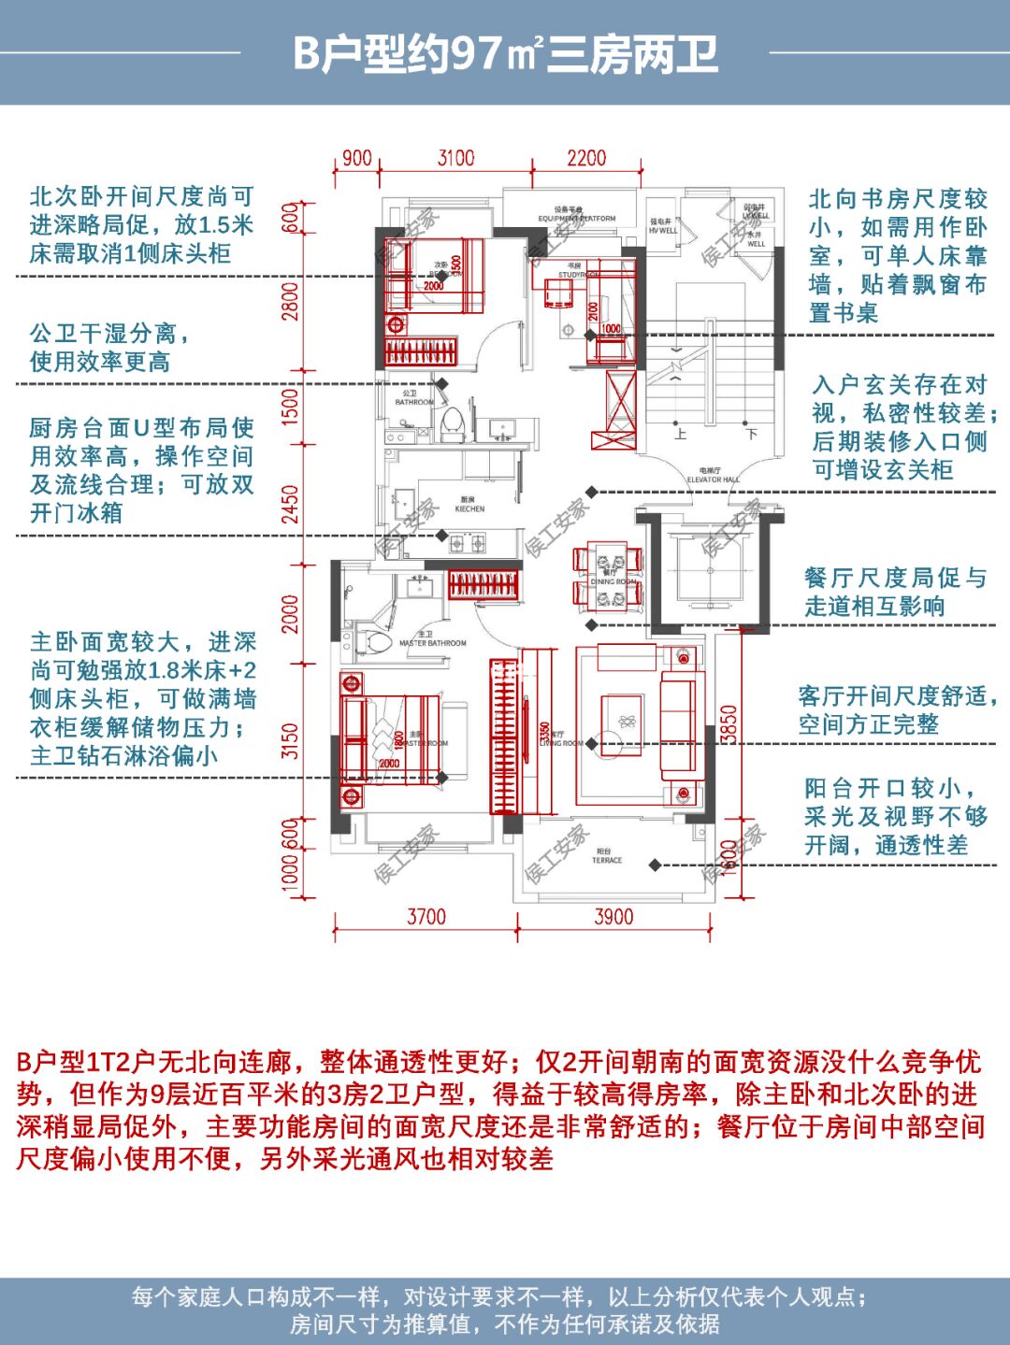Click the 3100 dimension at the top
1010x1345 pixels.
(455, 158)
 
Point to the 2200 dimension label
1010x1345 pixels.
(586, 158)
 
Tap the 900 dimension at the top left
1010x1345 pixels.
(356, 158)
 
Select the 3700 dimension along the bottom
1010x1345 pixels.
(426, 917)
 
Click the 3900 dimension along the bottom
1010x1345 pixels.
(613, 917)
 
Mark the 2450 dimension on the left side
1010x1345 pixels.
(291, 506)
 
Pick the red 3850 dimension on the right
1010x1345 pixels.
(729, 724)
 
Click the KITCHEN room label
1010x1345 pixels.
(469, 506)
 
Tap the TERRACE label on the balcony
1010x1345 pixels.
(606, 856)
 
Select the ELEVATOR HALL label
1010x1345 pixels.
(713, 476)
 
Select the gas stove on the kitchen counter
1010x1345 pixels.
(469, 541)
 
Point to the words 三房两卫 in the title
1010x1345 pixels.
(632, 53)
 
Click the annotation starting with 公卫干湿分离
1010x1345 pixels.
(109, 348)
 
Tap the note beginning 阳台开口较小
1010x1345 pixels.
(895, 817)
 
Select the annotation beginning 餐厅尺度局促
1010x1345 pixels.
(895, 592)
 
